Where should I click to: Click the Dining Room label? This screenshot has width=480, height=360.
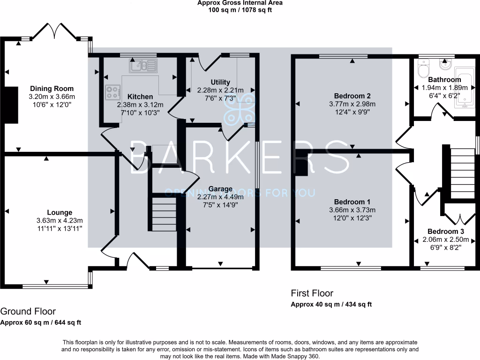coord(52,89)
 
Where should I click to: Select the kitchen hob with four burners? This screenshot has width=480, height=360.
coord(112,91)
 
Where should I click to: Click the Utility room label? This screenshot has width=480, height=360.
coord(220,82)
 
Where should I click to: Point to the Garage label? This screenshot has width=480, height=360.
coord(220,189)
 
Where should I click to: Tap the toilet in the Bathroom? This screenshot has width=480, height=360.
coord(422,70)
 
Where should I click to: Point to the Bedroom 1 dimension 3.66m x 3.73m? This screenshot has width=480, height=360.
coord(352,210)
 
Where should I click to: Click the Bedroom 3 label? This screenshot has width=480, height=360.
coord(445,232)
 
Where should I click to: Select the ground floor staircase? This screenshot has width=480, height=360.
coord(163,214)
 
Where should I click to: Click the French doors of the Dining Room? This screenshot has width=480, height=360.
coord(55,31)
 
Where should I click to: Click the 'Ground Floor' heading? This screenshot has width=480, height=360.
coord(28,311)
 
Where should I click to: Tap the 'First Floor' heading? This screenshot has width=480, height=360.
coord(312,293)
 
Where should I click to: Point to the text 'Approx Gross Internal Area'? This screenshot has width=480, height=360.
coord(240,3)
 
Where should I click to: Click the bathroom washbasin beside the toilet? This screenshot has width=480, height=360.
coord(444,63)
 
